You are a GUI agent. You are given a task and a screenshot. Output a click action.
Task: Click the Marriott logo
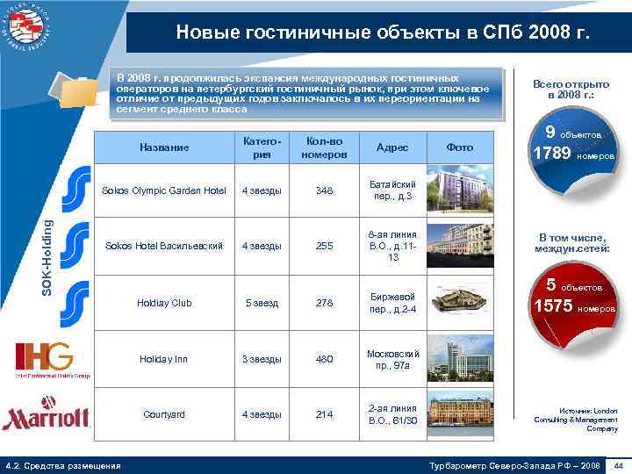pos(46,415)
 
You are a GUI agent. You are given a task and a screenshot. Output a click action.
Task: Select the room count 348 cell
pos(326,190)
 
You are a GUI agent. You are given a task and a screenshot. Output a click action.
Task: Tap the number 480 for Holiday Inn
pos(325,359)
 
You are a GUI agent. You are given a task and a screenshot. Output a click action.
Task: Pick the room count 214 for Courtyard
pos(325,414)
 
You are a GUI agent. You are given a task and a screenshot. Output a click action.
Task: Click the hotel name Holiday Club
pos(164,303)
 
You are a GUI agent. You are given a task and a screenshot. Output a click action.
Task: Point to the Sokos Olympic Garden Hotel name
pos(164,190)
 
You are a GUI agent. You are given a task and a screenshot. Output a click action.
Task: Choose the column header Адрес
pos(391,147)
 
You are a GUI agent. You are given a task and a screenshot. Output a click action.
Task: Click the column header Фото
pos(460,147)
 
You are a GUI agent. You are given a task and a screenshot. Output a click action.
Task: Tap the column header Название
pos(164,147)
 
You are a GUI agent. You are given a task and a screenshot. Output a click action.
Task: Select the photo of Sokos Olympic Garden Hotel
pos(461,190)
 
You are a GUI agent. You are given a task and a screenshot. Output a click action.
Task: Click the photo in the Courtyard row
pos(460,413)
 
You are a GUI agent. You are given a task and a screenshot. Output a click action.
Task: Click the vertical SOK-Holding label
pos(50,245)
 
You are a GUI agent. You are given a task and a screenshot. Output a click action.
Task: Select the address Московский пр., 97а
pos(392,359)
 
